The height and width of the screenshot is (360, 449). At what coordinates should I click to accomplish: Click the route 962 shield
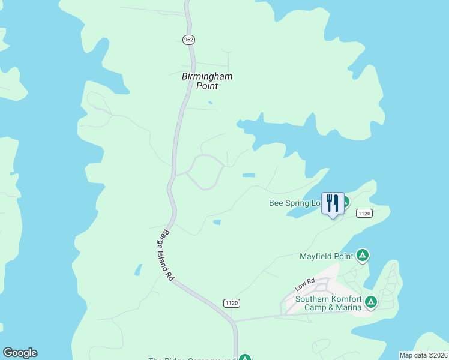point(189,40)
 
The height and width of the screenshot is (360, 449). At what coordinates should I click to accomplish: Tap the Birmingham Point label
point(206,81)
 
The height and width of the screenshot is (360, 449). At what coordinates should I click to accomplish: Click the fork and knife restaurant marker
point(333,203)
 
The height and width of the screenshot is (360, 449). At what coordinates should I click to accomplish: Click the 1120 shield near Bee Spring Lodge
point(364,213)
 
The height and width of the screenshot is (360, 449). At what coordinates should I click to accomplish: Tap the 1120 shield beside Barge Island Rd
point(232,304)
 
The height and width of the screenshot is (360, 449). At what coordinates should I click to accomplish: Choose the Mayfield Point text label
point(326,257)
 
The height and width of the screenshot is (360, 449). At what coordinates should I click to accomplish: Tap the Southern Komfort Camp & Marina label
point(328,304)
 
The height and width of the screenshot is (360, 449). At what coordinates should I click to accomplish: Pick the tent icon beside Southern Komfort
point(371,301)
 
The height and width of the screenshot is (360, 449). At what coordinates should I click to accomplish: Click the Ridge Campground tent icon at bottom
point(244,358)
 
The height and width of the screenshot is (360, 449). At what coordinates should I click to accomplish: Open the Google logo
point(20,353)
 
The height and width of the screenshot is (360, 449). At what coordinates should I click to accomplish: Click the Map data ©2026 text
point(423,355)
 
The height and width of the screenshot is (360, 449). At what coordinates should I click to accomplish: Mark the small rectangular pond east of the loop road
point(248,175)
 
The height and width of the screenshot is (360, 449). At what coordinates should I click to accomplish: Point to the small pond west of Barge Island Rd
point(139,270)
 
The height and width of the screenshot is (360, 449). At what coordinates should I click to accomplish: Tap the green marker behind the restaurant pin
point(346,201)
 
